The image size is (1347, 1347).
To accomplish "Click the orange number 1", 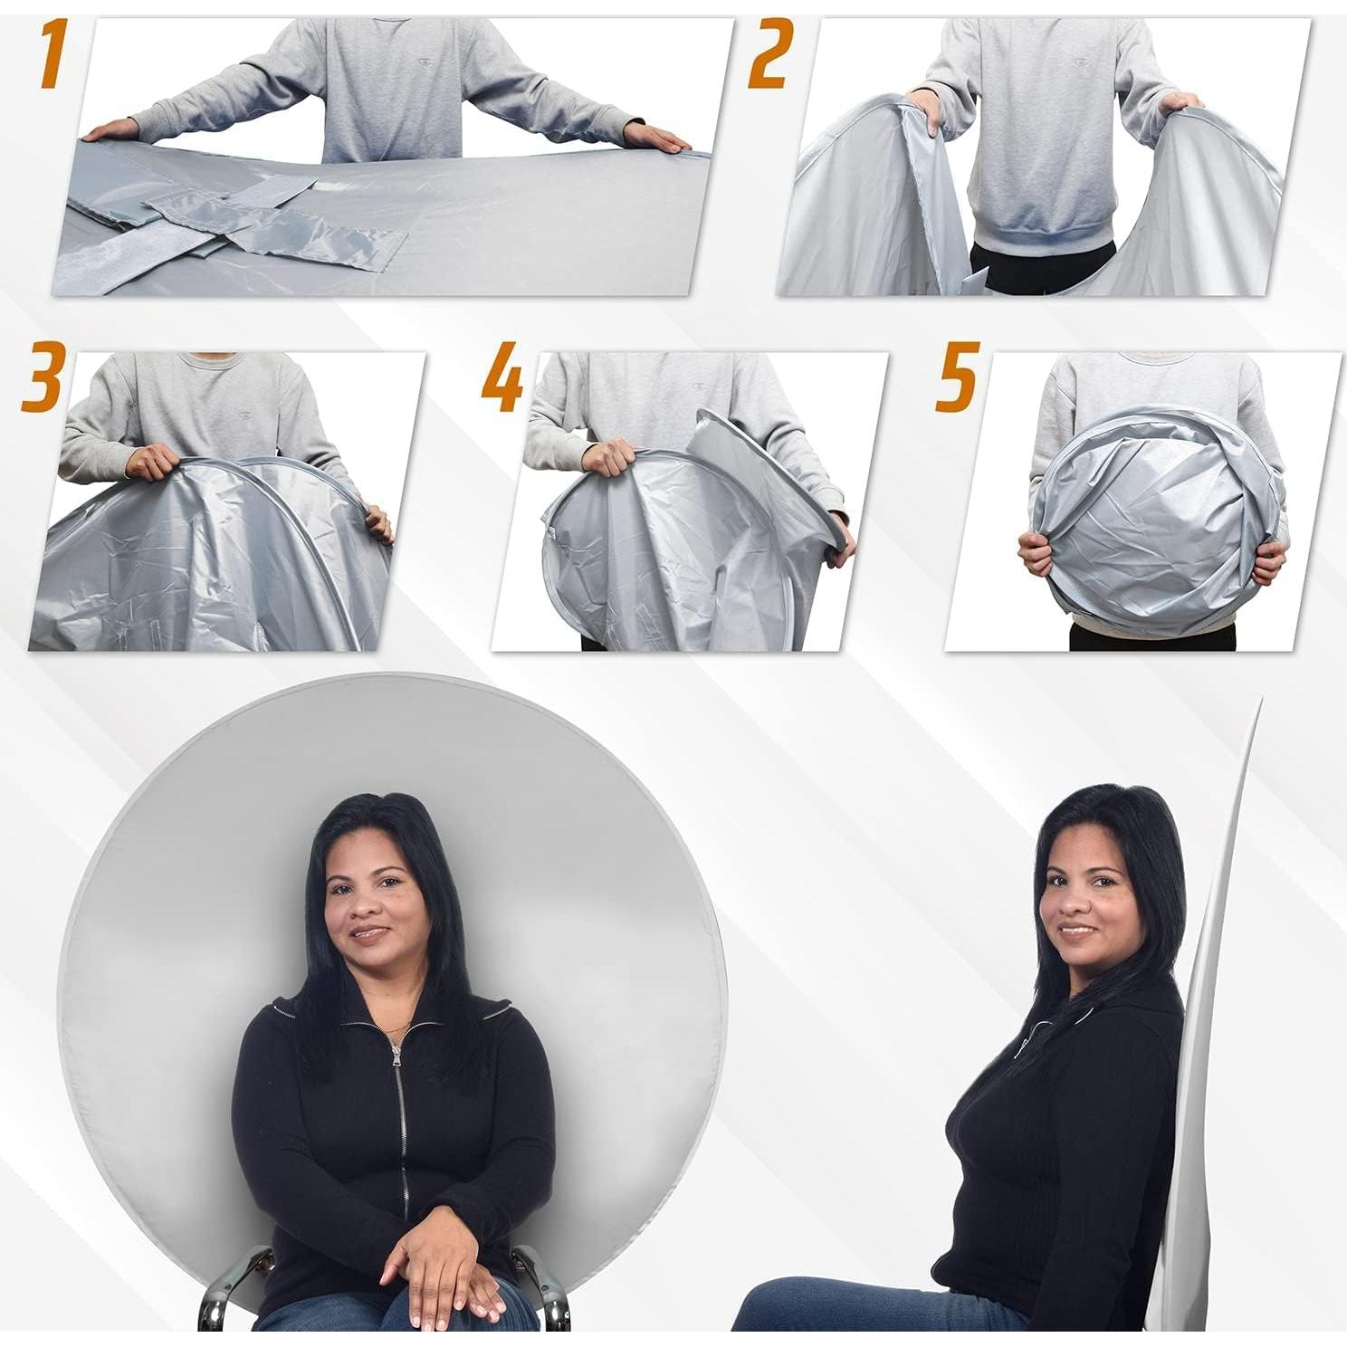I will tap(53, 55).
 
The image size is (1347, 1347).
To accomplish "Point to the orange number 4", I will tap(502, 376).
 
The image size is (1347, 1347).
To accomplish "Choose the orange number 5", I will tap(956, 375).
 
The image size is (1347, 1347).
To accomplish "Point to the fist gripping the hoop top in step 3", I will tap(150, 462).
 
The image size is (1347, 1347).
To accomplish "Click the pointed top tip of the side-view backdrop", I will tap(1258, 702).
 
